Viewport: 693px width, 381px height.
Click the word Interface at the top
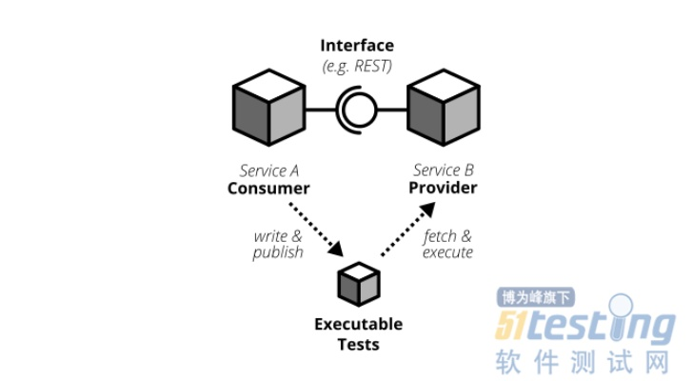356,46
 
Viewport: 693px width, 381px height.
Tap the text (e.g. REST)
356,64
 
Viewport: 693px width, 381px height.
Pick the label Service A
269,171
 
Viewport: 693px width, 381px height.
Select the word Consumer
268,188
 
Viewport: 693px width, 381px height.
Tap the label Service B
444,171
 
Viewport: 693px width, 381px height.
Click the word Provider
443,188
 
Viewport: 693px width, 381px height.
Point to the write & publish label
278,244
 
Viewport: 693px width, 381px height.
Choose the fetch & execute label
446,244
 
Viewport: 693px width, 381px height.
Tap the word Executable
358,324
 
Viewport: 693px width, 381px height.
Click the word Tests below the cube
358,343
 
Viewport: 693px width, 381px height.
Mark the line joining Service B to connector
391,110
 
